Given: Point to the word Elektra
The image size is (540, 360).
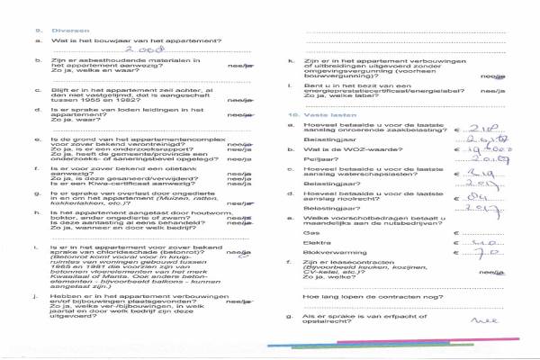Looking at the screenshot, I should coord(318,243).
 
